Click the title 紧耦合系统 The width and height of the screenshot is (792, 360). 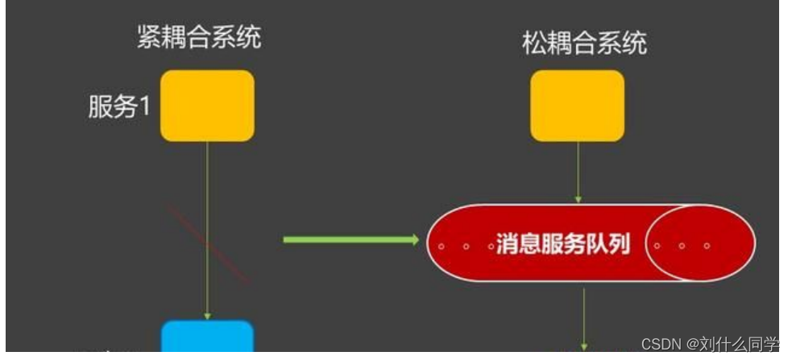tap(199, 37)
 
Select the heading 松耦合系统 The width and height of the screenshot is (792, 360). tap(584, 43)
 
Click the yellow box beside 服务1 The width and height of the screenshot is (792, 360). tap(207, 106)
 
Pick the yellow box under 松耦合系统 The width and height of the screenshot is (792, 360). tap(577, 106)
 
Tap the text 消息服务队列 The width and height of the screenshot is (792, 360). tap(562, 244)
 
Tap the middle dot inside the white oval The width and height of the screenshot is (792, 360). tap(682, 246)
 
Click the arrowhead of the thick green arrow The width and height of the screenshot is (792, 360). tap(414, 239)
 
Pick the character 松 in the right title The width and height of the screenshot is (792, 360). tap(534, 43)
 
